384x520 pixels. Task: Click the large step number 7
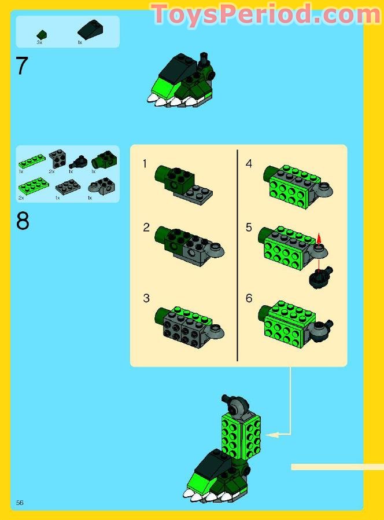click(22, 66)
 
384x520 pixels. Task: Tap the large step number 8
click(23, 221)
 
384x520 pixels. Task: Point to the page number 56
click(20, 502)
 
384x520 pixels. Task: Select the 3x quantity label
click(39, 43)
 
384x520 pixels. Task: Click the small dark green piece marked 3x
click(41, 35)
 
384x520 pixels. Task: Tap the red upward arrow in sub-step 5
click(319, 239)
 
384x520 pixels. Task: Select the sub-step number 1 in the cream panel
click(146, 164)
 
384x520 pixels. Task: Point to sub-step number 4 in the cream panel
click(249, 164)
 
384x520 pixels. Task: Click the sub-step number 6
click(249, 298)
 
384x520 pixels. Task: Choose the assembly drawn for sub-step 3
click(189, 325)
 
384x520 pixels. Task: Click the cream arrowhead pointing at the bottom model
click(269, 434)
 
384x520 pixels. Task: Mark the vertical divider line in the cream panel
click(238, 255)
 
